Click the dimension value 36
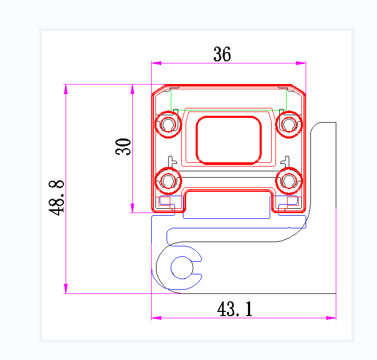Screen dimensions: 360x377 tap(222, 54)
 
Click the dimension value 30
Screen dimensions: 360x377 tap(123, 146)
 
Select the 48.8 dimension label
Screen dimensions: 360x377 tap(57, 197)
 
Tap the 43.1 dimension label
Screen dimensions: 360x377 tap(235, 309)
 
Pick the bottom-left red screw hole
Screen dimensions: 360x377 tap(168, 181)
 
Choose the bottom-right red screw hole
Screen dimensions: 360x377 tap(289, 181)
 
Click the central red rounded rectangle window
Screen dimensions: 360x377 tap(229, 140)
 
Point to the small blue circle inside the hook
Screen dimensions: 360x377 tap(182, 267)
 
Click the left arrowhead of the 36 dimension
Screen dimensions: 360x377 tap(156, 63)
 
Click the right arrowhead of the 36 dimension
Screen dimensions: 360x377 tap(301, 63)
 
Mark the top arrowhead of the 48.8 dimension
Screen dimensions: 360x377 tap(66, 89)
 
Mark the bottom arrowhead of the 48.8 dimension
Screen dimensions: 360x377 tap(66, 289)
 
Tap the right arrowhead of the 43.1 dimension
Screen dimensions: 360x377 tap(331, 318)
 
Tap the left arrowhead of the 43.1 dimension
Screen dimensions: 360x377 tap(156, 318)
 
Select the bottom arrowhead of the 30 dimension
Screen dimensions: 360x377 tap(132, 208)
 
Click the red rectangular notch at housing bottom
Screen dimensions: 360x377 tap(228, 202)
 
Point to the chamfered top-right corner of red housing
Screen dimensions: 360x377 tap(300, 89)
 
